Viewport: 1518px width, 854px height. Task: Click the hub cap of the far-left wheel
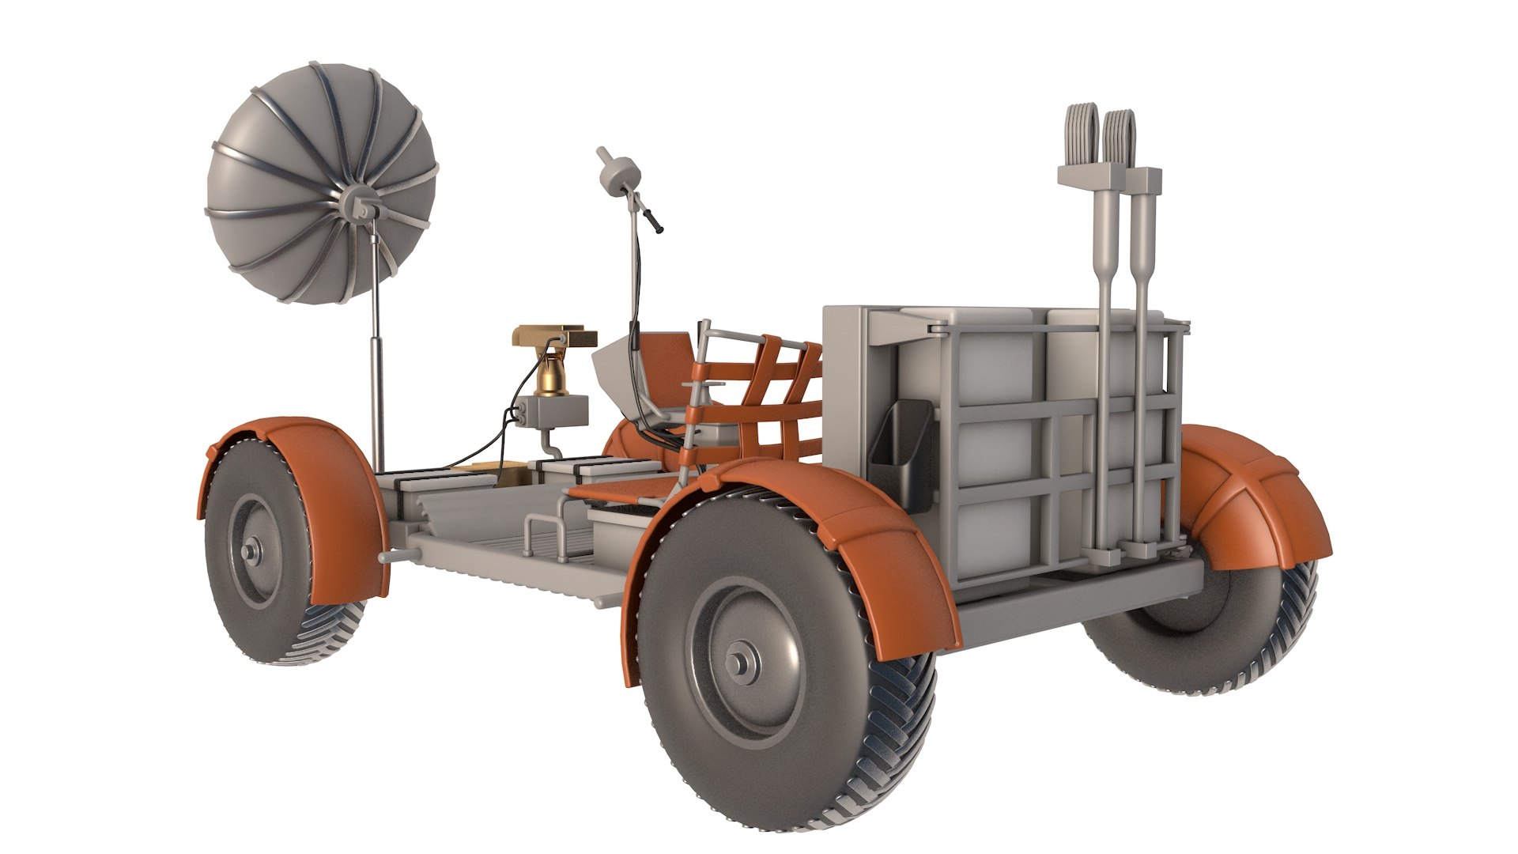[x=252, y=550]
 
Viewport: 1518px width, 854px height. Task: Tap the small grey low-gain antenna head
[x=619, y=171]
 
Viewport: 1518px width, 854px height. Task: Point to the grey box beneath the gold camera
[x=557, y=412]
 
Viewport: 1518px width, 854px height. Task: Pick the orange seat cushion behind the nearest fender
[x=625, y=493]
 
